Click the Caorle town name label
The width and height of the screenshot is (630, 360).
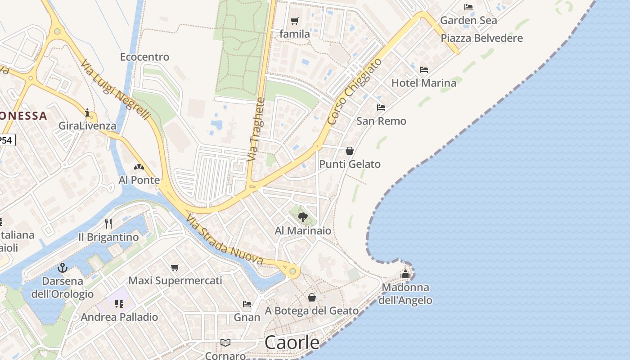[x=292, y=342]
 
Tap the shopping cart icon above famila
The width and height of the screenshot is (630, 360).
[x=295, y=21]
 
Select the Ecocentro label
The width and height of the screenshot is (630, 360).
[x=144, y=57]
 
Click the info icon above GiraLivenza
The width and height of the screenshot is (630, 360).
[x=87, y=112]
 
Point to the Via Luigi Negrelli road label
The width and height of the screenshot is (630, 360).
[x=116, y=90]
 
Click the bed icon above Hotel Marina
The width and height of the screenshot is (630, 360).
[x=423, y=70]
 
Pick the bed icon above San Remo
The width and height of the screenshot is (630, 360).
[x=381, y=108]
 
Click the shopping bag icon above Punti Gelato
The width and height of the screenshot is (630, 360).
[x=350, y=151]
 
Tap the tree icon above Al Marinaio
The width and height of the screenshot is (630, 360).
[x=303, y=217]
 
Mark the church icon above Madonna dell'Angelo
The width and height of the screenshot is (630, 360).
[x=405, y=274]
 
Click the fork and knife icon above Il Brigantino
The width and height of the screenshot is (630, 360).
[x=108, y=224]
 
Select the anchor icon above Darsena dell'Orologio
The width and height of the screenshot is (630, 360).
[x=63, y=268]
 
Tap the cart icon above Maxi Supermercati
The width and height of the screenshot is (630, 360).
[x=175, y=267]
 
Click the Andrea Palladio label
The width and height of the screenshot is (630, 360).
[x=119, y=317]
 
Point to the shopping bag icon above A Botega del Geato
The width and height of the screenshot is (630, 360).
[x=311, y=297]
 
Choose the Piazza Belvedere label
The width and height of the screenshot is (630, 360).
[x=481, y=38]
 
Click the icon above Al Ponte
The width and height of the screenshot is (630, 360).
[x=139, y=167]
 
